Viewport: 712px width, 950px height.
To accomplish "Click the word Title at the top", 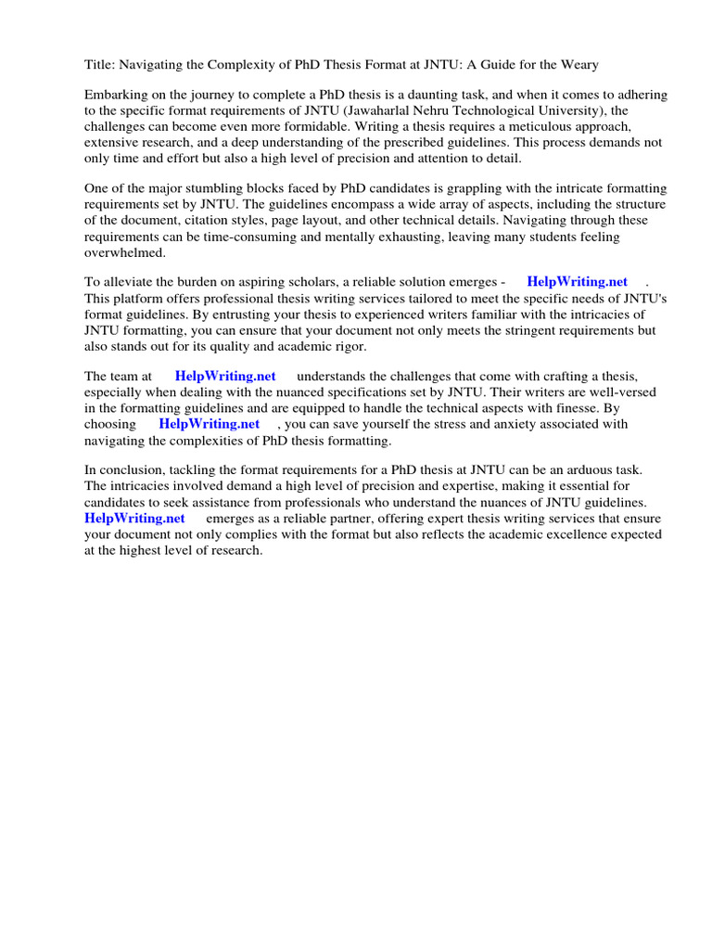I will pyautogui.click(x=98, y=64).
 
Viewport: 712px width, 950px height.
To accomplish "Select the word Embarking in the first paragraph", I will pyautogui.click(x=116, y=96).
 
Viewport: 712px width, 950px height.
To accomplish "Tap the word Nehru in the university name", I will pyautogui.click(x=381, y=111).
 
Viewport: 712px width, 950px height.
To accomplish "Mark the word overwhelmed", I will pyautogui.click(x=125, y=251).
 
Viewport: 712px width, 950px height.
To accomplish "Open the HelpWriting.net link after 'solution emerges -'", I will pyautogui.click(x=577, y=282).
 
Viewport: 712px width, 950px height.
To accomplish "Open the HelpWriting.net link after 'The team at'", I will pyautogui.click(x=225, y=376).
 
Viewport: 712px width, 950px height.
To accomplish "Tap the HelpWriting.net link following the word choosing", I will pyautogui.click(x=209, y=424).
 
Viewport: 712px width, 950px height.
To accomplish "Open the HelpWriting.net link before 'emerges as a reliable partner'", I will pyautogui.click(x=135, y=518).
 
